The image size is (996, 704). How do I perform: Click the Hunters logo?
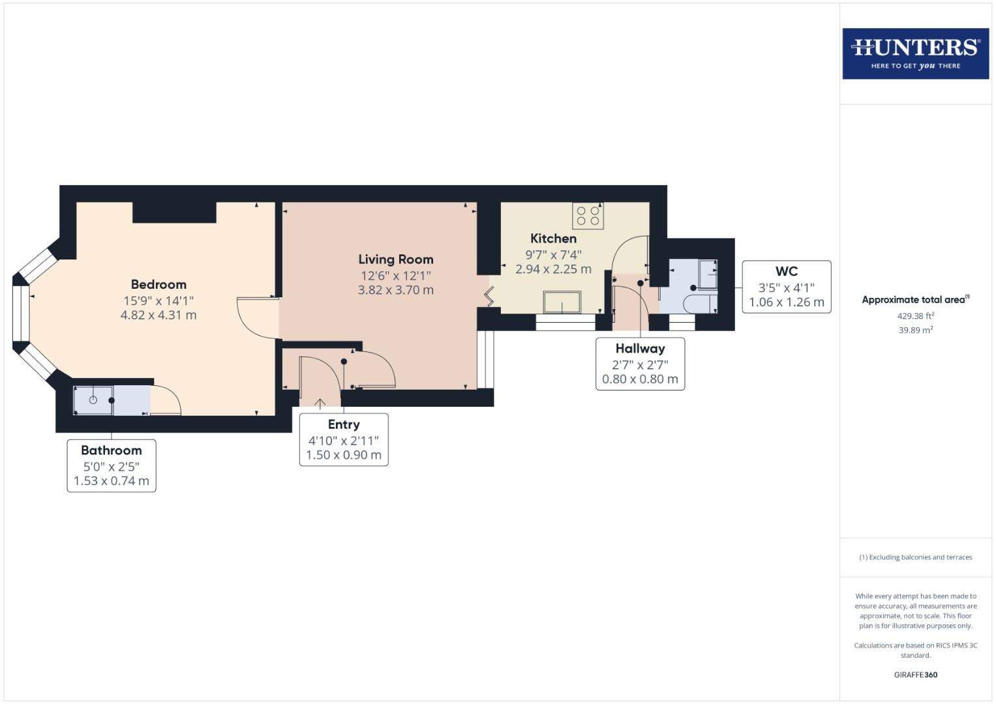[915, 53]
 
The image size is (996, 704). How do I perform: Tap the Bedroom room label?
[158, 285]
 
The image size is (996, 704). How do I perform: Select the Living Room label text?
[395, 259]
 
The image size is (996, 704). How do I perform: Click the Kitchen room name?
[553, 239]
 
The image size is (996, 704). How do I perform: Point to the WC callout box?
[786, 287]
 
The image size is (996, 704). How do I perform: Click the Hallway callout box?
[640, 364]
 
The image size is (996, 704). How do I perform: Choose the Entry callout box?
[344, 439]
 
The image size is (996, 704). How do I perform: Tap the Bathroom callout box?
[112, 465]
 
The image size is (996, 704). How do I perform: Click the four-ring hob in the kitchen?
[588, 216]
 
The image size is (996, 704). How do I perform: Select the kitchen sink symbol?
[562, 302]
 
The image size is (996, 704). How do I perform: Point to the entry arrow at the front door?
[320, 403]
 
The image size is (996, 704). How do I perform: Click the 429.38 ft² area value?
[915, 315]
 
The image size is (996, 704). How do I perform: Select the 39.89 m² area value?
[915, 330]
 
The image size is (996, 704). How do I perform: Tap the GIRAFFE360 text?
[915, 675]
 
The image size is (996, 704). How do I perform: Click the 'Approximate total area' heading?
[915, 300]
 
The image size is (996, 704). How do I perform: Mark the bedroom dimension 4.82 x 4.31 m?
[158, 315]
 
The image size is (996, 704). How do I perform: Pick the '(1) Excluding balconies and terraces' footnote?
[915, 557]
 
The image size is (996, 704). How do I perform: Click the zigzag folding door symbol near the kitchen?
[489, 297]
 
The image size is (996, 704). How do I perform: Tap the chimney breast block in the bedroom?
[174, 213]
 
